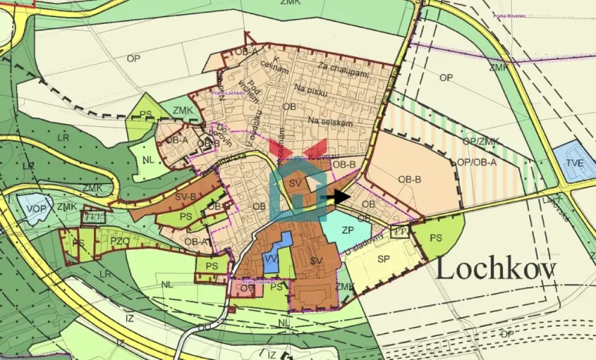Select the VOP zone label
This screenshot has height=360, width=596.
(36, 208)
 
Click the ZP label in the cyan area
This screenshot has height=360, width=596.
(348, 229)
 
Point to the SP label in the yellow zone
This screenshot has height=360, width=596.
(383, 259)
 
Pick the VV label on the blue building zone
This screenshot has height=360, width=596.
(271, 259)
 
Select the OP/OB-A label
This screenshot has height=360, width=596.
(476, 162)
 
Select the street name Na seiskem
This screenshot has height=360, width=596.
(329, 122)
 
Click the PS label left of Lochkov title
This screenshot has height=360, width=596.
(436, 237)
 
